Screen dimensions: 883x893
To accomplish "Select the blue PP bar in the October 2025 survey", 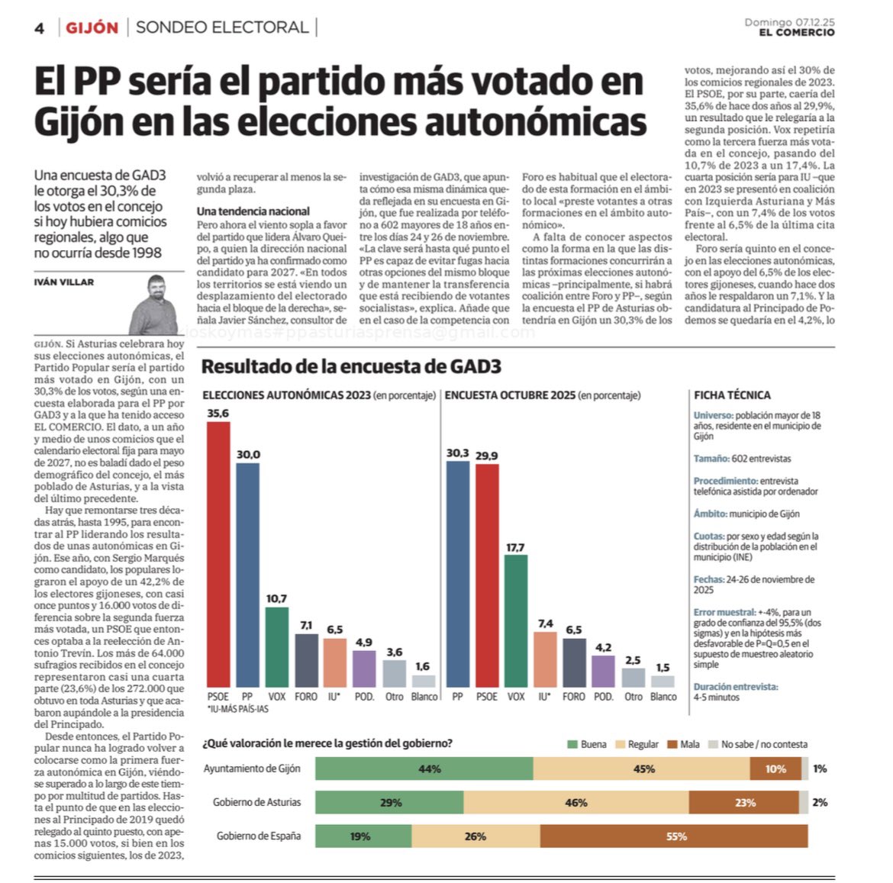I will point(457,574).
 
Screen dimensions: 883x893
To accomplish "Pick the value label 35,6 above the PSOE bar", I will point(218,413).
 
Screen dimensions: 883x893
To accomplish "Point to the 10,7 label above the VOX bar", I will point(276,598).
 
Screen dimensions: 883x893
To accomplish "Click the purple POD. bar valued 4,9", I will point(364,669).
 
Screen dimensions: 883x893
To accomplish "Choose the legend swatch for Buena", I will point(572,744).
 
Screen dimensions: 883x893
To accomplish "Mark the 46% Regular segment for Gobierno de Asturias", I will point(575,802).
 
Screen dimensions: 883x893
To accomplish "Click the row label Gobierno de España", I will point(258,836).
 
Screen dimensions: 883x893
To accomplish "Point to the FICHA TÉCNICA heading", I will point(732,395).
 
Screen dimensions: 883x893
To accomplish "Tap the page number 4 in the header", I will point(40,29).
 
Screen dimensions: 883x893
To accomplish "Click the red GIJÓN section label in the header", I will point(92,28).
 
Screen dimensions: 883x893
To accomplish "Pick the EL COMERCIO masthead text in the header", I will point(796,33).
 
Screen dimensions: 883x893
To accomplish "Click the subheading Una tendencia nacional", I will point(253,211).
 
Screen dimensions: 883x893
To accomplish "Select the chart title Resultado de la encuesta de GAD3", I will point(351,366).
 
